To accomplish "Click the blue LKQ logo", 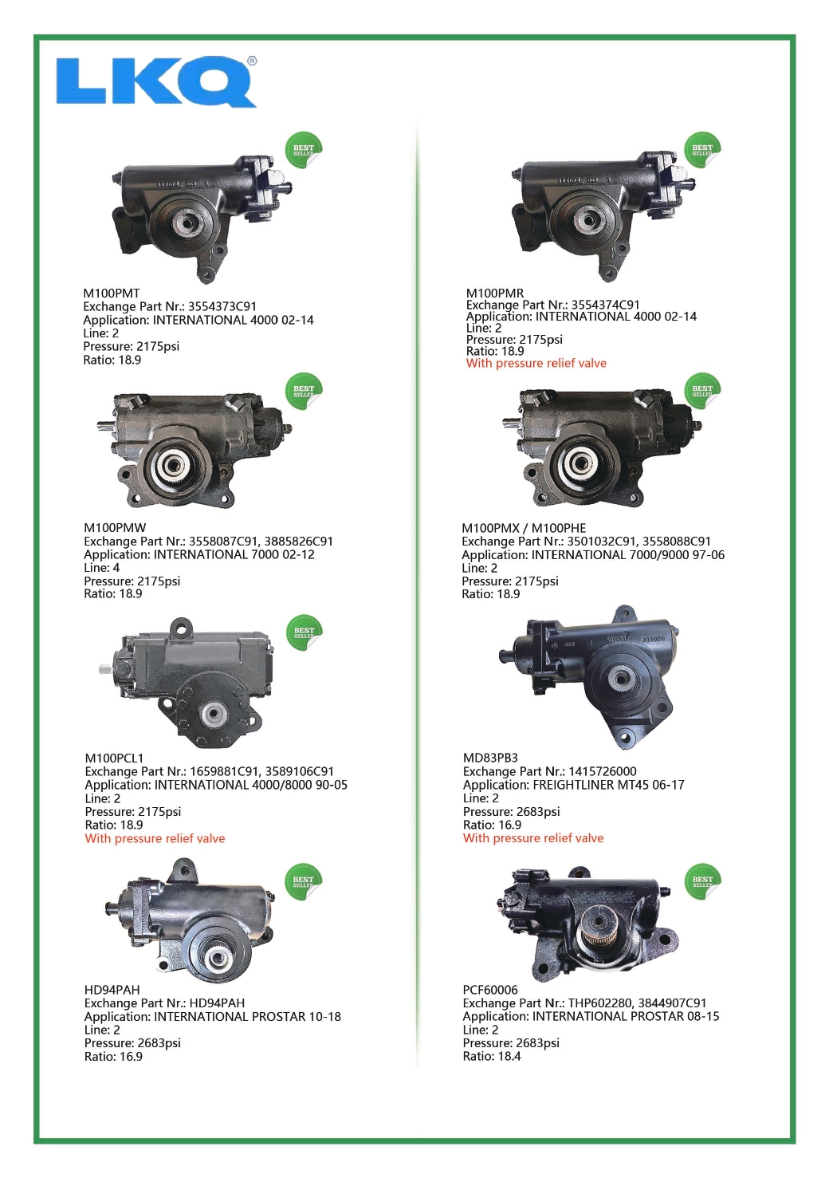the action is click(156, 81).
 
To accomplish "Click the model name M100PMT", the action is click(112, 293).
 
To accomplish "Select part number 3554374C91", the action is click(606, 305).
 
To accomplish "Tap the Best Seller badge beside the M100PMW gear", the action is click(304, 391).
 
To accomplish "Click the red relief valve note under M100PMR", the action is click(536, 363).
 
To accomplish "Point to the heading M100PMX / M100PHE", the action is click(524, 528).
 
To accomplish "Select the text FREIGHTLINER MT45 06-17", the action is click(609, 785).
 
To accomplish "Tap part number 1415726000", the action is click(603, 771).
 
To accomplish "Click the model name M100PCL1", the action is click(114, 758).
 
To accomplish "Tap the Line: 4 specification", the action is click(102, 568).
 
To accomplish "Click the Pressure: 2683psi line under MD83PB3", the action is click(512, 811).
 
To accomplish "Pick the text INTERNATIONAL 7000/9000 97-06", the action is click(628, 555).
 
